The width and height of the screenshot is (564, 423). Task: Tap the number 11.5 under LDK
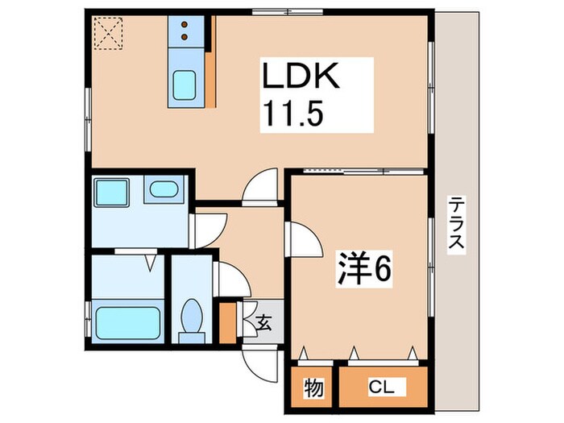coord(292,114)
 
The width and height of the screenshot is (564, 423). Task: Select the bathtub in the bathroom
coord(126,321)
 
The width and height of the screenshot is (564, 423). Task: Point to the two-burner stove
coord(186,31)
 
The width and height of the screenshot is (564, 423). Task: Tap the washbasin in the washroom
coord(164,190)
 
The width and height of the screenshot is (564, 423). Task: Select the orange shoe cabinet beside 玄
coord(229,320)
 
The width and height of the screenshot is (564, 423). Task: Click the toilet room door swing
coord(229,280)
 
